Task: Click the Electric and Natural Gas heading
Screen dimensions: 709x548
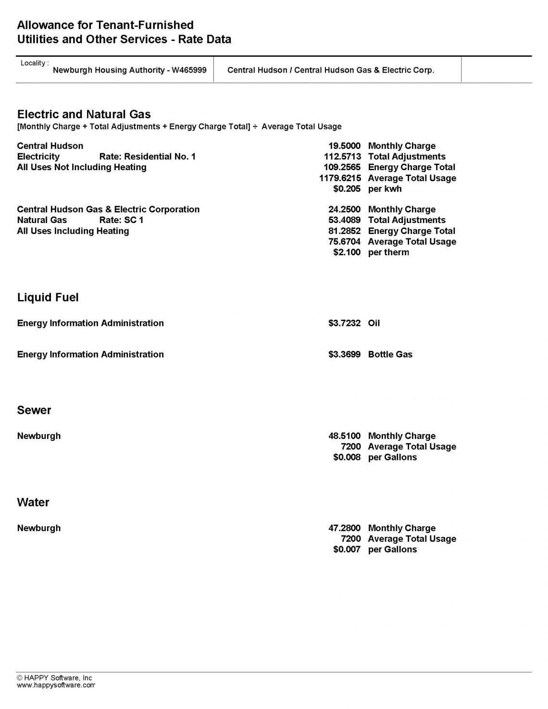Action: (84, 114)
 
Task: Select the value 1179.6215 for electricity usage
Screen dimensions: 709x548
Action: (340, 178)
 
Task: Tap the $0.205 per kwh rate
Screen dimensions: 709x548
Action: (347, 189)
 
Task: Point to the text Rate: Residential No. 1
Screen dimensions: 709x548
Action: (147, 157)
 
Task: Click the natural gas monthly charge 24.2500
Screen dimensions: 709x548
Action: (344, 210)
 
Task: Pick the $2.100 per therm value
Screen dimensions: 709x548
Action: (347, 252)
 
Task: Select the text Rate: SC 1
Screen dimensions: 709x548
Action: (121, 220)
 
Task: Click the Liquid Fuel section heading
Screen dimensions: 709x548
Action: (48, 298)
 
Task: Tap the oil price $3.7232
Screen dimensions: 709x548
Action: (344, 323)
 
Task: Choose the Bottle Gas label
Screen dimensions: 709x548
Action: (390, 354)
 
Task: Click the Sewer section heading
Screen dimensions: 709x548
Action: (34, 410)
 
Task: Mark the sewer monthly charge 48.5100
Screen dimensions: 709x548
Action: (344, 436)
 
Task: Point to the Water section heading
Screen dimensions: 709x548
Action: (33, 502)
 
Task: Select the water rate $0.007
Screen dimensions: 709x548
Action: (347, 549)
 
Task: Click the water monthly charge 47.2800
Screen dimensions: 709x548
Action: (344, 528)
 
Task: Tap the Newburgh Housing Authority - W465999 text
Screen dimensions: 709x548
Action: (129, 70)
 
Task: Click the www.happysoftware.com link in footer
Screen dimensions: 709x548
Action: (56, 685)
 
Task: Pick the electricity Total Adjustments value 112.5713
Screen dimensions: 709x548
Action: (342, 157)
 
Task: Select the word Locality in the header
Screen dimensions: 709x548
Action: (33, 63)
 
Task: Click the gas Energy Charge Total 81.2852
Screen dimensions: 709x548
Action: (344, 231)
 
